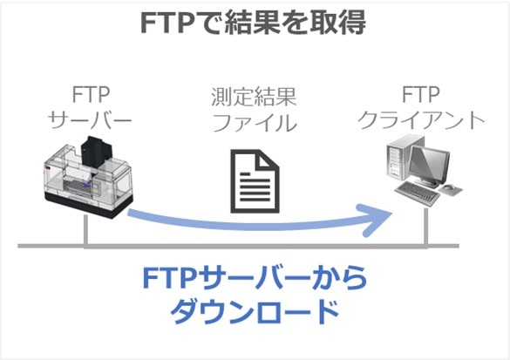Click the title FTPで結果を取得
[254, 22]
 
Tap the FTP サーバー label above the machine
[90, 107]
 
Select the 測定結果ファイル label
[254, 110]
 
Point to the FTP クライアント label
[421, 107]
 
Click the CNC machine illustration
[88, 178]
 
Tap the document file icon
[255, 181]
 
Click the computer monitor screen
[429, 164]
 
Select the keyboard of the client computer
[417, 194]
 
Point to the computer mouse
[449, 187]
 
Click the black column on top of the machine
[97, 153]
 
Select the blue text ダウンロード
[255, 311]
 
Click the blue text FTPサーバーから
[255, 278]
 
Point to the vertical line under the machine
[85, 230]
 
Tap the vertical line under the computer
[425, 227]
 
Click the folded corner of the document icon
[269, 160]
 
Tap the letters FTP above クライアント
[421, 95]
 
